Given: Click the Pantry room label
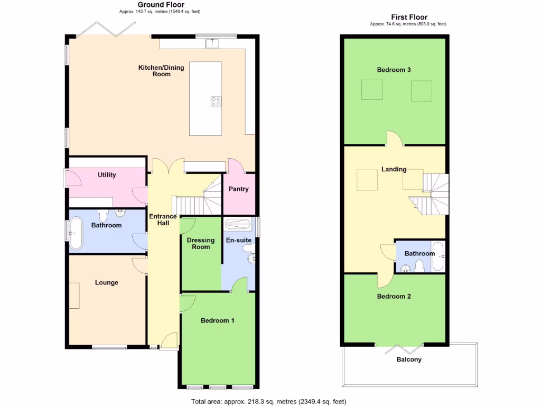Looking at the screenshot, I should pos(238,189).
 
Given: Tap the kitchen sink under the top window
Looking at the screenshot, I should pos(213,43).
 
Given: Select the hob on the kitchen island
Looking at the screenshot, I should pos(216,101).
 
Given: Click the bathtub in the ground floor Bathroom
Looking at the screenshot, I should pos(76,233).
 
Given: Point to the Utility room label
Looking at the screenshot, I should pos(107,175).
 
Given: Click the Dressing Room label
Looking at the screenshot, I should pos(201,243).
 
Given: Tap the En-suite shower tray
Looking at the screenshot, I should pos(239,223).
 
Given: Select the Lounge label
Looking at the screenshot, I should pos(107,282).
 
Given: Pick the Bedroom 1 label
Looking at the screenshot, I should pos(217,320).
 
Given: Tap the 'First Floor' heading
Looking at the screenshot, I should pos(409,17).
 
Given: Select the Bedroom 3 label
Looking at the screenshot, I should pos(394,70).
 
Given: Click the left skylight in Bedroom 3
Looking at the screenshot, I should pos(371,89).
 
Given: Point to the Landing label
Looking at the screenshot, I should pos(394,169).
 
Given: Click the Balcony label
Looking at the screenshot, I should pos(409,359).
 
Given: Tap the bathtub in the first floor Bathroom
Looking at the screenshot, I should pos(439,256).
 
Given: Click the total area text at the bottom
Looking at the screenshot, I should pos(269,401).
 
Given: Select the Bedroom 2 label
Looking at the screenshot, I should pos(394,296).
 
